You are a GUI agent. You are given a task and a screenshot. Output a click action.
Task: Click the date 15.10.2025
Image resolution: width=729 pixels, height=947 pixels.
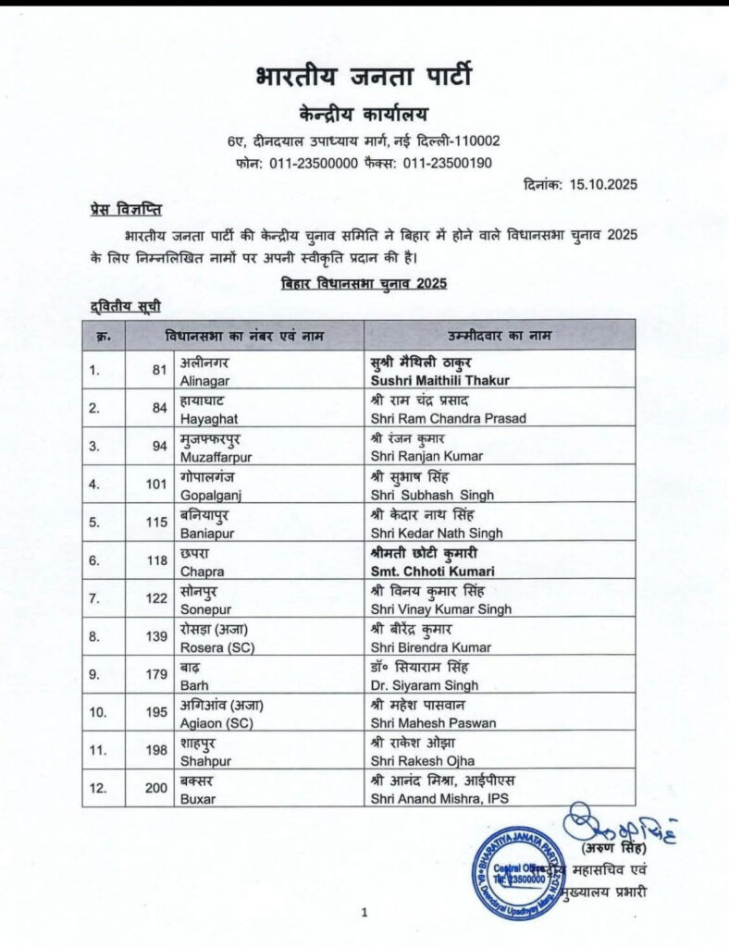click(x=604, y=185)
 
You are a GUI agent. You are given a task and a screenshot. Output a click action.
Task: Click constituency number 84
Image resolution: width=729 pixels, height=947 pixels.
click(x=160, y=408)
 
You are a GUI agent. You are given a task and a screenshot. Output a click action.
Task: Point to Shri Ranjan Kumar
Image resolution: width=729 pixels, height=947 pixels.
click(x=413, y=456)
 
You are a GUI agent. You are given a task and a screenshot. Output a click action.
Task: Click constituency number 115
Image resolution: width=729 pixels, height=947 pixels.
click(x=157, y=523)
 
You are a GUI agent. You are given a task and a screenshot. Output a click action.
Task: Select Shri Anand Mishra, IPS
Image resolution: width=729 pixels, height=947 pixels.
click(x=439, y=799)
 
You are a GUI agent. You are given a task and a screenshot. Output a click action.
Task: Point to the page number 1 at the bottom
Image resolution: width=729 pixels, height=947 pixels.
click(x=364, y=914)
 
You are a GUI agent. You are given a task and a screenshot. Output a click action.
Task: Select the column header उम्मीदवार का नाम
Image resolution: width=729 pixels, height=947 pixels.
click(x=500, y=334)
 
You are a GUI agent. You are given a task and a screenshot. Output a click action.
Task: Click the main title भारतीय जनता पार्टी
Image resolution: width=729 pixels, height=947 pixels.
click(x=364, y=76)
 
